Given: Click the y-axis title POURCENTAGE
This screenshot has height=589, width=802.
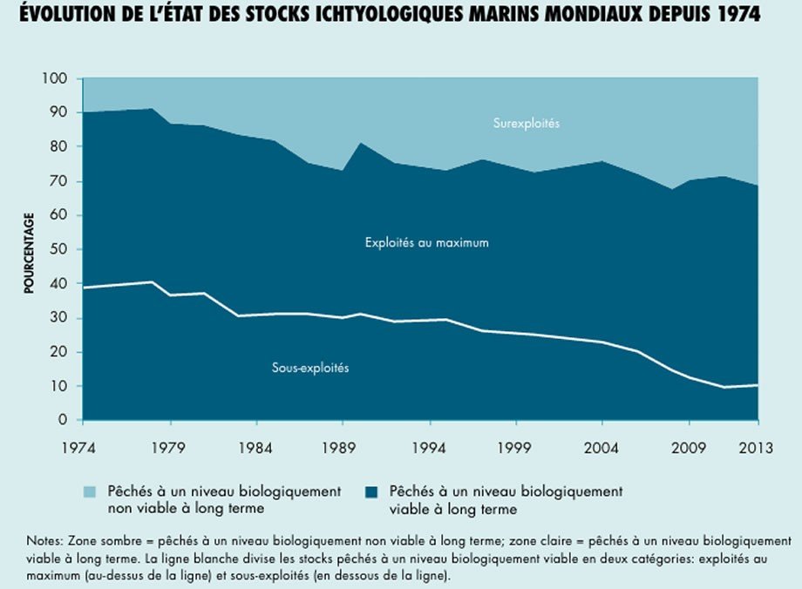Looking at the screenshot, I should [x=28, y=253].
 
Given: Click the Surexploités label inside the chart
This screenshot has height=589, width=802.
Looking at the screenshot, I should [x=526, y=124].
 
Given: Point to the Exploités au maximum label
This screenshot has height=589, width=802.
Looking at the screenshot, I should [x=426, y=243].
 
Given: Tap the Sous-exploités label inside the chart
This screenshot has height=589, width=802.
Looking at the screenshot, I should [x=310, y=369].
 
